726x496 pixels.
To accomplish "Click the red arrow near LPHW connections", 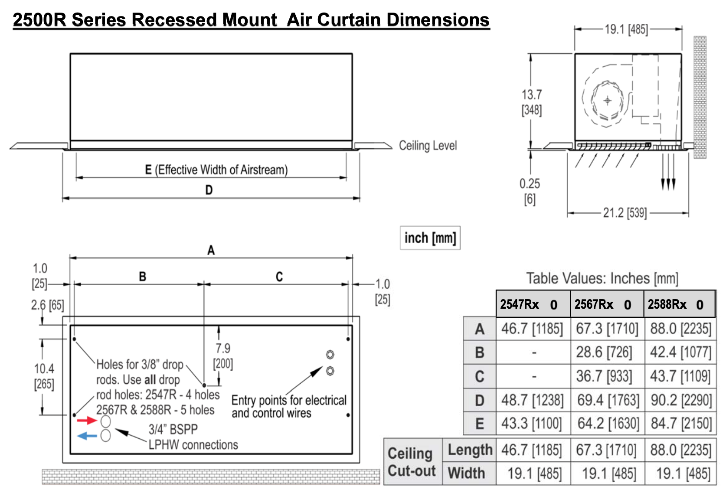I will coord(86,420).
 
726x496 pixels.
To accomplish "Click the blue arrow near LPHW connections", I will coord(87,436).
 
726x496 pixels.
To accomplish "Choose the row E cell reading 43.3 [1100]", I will coord(532,424).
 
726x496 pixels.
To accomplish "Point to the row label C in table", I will coord(479,376).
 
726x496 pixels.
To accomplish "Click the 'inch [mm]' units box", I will coord(430,238).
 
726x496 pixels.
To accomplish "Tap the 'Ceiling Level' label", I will coord(428,146).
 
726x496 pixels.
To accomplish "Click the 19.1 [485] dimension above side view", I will coord(626,29).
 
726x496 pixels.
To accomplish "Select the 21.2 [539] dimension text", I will coord(625,213).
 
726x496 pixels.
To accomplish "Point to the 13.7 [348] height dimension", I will coord(532,102).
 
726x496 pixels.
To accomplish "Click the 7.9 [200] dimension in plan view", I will coord(223,356).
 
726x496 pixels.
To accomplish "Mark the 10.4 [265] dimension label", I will coord(44,376).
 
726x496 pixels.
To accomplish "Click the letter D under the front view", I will coord(209,190).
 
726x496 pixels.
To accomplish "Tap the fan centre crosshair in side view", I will coord(607,101).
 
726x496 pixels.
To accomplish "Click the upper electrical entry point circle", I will coord(330,355).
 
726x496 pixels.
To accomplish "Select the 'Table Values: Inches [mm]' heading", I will coord(602,278).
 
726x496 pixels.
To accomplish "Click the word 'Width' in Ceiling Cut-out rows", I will coord(466,473).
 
